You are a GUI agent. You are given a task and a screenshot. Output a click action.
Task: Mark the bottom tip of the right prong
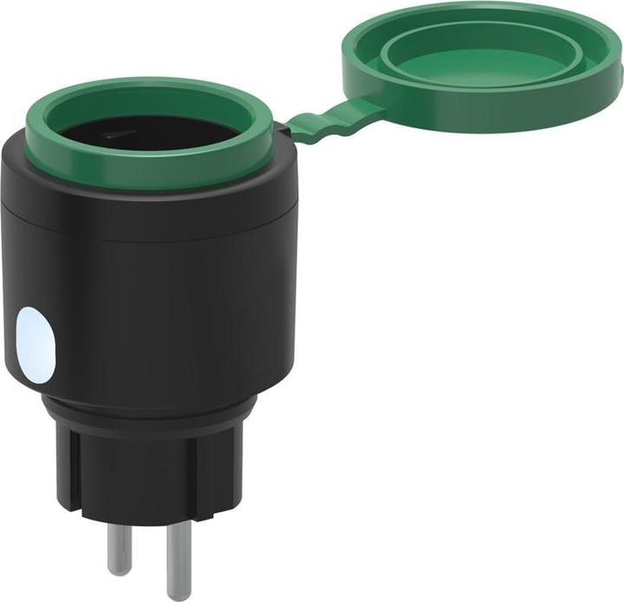(x=180, y=594)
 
